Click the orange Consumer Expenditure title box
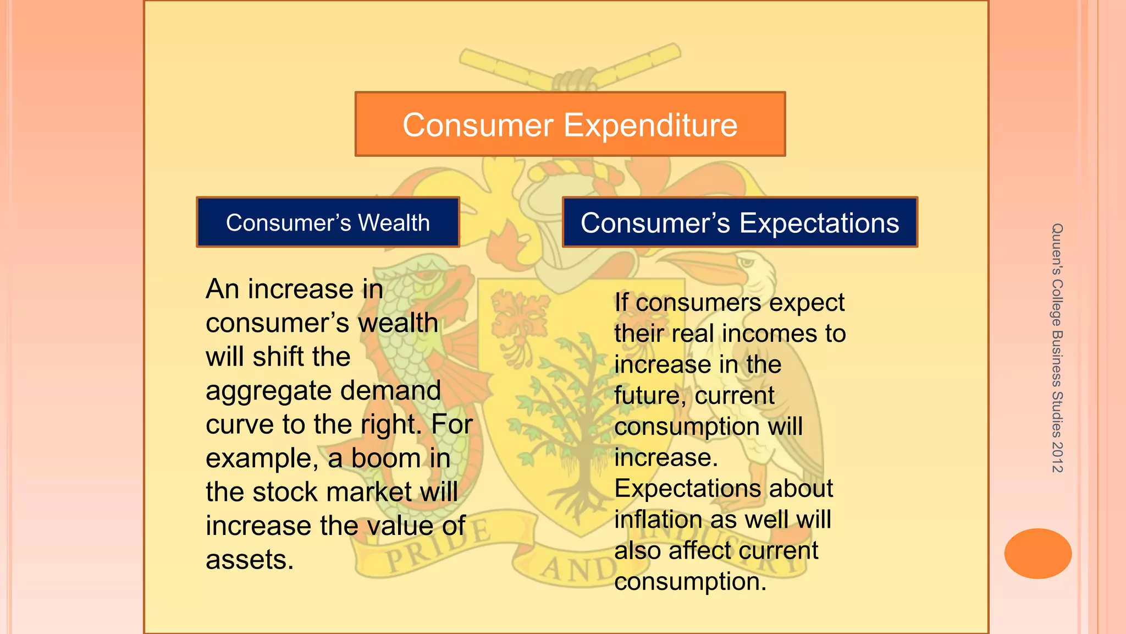coord(570,124)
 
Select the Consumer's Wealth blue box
coord(328,222)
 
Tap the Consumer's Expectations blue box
coord(739,222)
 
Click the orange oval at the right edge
coord(1037,553)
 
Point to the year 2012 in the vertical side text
coord(1057,457)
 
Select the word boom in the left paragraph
coord(387,458)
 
